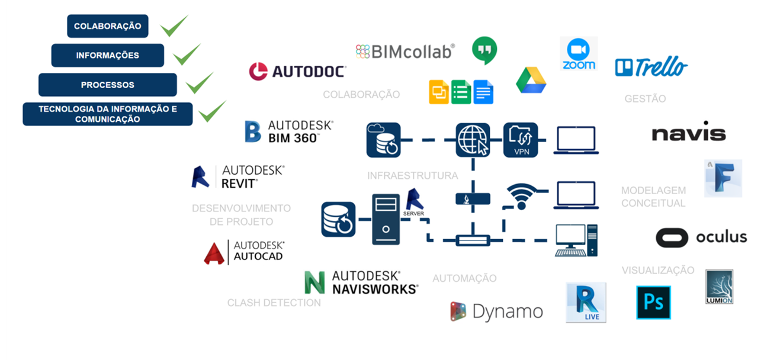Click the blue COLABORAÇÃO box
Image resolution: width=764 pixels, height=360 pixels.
[107, 26]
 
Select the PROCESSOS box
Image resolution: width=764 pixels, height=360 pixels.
[107, 85]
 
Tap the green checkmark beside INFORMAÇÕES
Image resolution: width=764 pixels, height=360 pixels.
[187, 54]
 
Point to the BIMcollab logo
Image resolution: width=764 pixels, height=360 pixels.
[405, 52]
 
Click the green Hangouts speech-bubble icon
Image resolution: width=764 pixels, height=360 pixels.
[484, 50]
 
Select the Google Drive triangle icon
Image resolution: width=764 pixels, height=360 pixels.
[531, 81]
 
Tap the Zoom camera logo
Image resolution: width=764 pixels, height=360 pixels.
[579, 54]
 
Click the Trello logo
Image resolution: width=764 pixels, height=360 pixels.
[651, 67]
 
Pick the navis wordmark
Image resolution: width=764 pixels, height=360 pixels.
[688, 133]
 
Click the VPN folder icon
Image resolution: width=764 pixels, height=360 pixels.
[520, 140]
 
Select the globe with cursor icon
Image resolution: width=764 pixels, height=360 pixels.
[473, 140]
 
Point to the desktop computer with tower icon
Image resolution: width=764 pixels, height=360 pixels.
[576, 240]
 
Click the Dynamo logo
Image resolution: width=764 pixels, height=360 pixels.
[496, 311]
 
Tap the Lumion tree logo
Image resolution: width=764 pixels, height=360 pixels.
[719, 287]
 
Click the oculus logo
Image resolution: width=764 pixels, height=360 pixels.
[701, 237]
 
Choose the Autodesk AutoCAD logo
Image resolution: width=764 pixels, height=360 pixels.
[244, 252]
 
